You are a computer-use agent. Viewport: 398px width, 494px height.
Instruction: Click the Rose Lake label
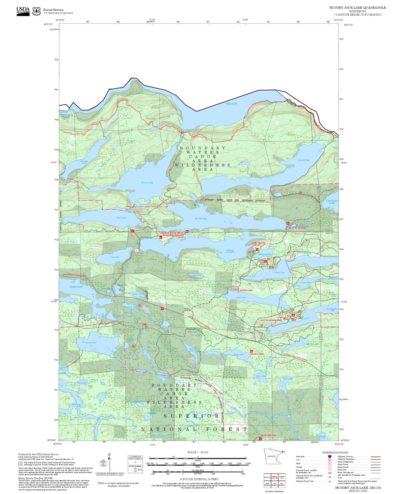click(x=231, y=104)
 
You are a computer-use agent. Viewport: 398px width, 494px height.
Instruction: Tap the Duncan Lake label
click(x=147, y=183)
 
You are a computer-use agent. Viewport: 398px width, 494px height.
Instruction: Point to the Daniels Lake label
click(x=304, y=160)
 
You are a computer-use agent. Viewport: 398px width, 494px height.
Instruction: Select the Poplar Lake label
click(x=76, y=287)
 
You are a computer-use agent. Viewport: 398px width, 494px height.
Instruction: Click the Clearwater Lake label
click(x=332, y=202)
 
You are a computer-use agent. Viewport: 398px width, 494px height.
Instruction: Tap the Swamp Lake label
click(x=91, y=343)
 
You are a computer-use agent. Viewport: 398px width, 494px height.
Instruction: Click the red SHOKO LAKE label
click(x=257, y=354)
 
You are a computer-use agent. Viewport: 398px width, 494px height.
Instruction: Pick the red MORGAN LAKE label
click(x=269, y=435)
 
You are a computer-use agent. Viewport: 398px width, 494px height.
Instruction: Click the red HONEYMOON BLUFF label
click(x=258, y=244)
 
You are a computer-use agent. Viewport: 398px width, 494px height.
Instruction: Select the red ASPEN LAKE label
click(x=246, y=291)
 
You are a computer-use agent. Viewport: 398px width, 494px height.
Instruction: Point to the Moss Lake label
click(x=121, y=218)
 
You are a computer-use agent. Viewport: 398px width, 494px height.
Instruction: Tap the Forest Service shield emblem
click(x=36, y=11)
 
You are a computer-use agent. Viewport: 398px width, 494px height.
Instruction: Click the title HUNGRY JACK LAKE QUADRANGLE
click(x=357, y=8)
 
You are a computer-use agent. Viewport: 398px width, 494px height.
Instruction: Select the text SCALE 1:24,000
click(x=197, y=452)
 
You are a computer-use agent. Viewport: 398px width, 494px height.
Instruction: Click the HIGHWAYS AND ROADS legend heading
click(x=335, y=452)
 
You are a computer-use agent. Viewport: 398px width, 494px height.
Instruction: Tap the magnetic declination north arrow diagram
click(x=109, y=463)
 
